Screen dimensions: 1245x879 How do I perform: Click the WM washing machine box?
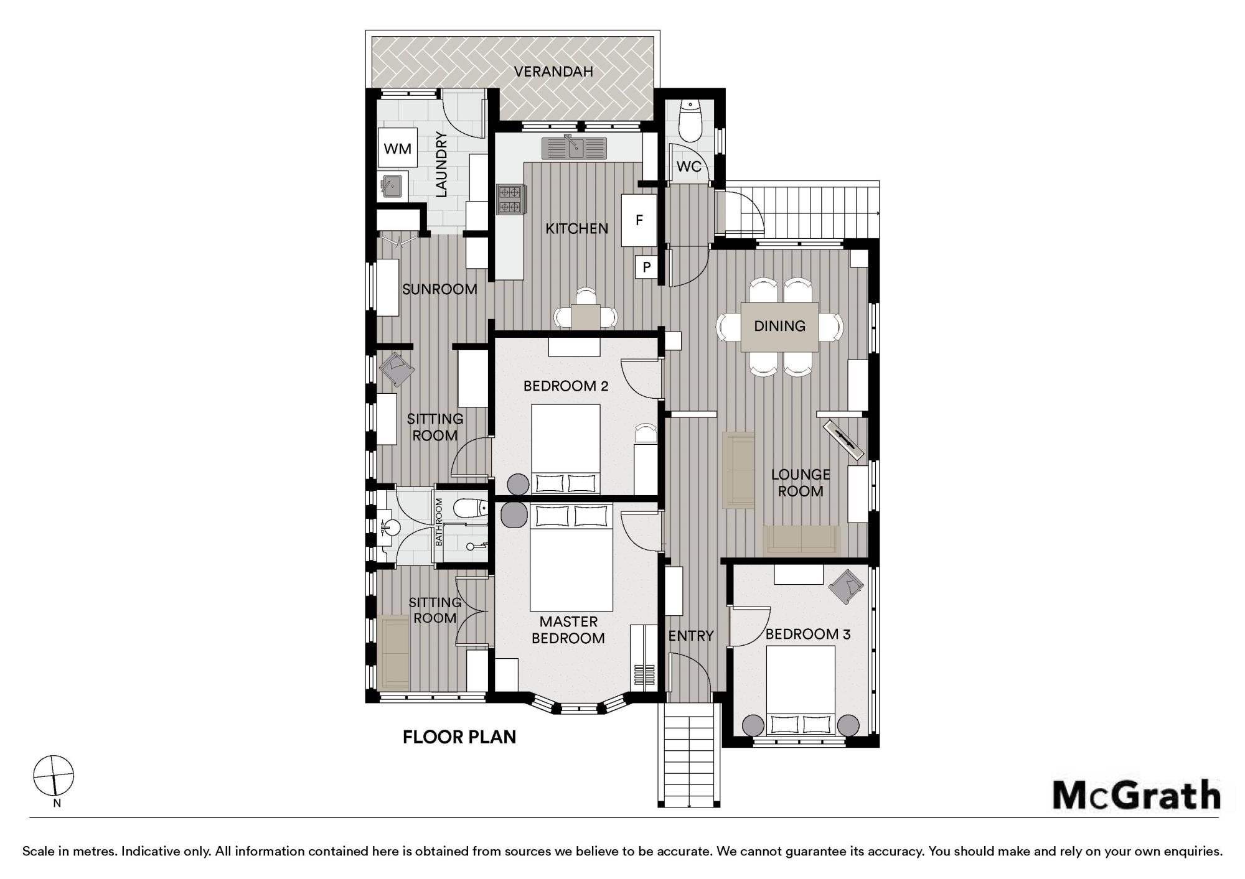tap(397, 148)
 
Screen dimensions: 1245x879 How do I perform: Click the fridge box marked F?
tap(639, 220)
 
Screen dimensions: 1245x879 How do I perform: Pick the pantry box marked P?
tap(647, 267)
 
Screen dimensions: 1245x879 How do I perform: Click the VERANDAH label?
tap(553, 72)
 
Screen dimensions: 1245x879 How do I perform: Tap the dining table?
tap(779, 327)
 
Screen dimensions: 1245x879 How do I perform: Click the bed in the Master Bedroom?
tap(571, 557)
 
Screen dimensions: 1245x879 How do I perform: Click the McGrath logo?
tap(1136, 795)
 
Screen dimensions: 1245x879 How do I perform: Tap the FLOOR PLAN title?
tap(459, 737)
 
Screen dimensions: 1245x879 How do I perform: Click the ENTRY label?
tap(691, 636)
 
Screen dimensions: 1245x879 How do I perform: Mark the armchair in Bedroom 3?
tap(847, 586)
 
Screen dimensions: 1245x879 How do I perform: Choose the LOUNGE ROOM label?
tap(801, 483)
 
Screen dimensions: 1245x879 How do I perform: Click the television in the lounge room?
tap(845, 440)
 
